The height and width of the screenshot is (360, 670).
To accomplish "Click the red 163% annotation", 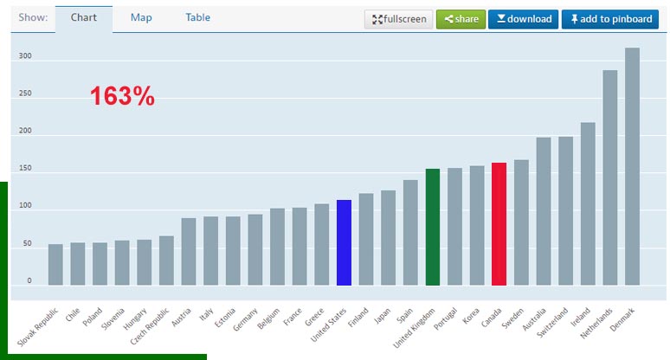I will coord(122,97).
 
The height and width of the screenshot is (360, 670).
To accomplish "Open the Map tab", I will coord(142,17).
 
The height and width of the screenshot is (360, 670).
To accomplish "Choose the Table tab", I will coord(197,17).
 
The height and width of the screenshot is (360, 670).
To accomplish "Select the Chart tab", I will coord(84,17).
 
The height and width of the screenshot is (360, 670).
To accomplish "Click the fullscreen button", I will coord(398,19).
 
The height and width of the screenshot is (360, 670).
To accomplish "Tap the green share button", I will coord(460,19).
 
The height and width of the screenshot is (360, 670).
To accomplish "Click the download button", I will coord(523,19).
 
